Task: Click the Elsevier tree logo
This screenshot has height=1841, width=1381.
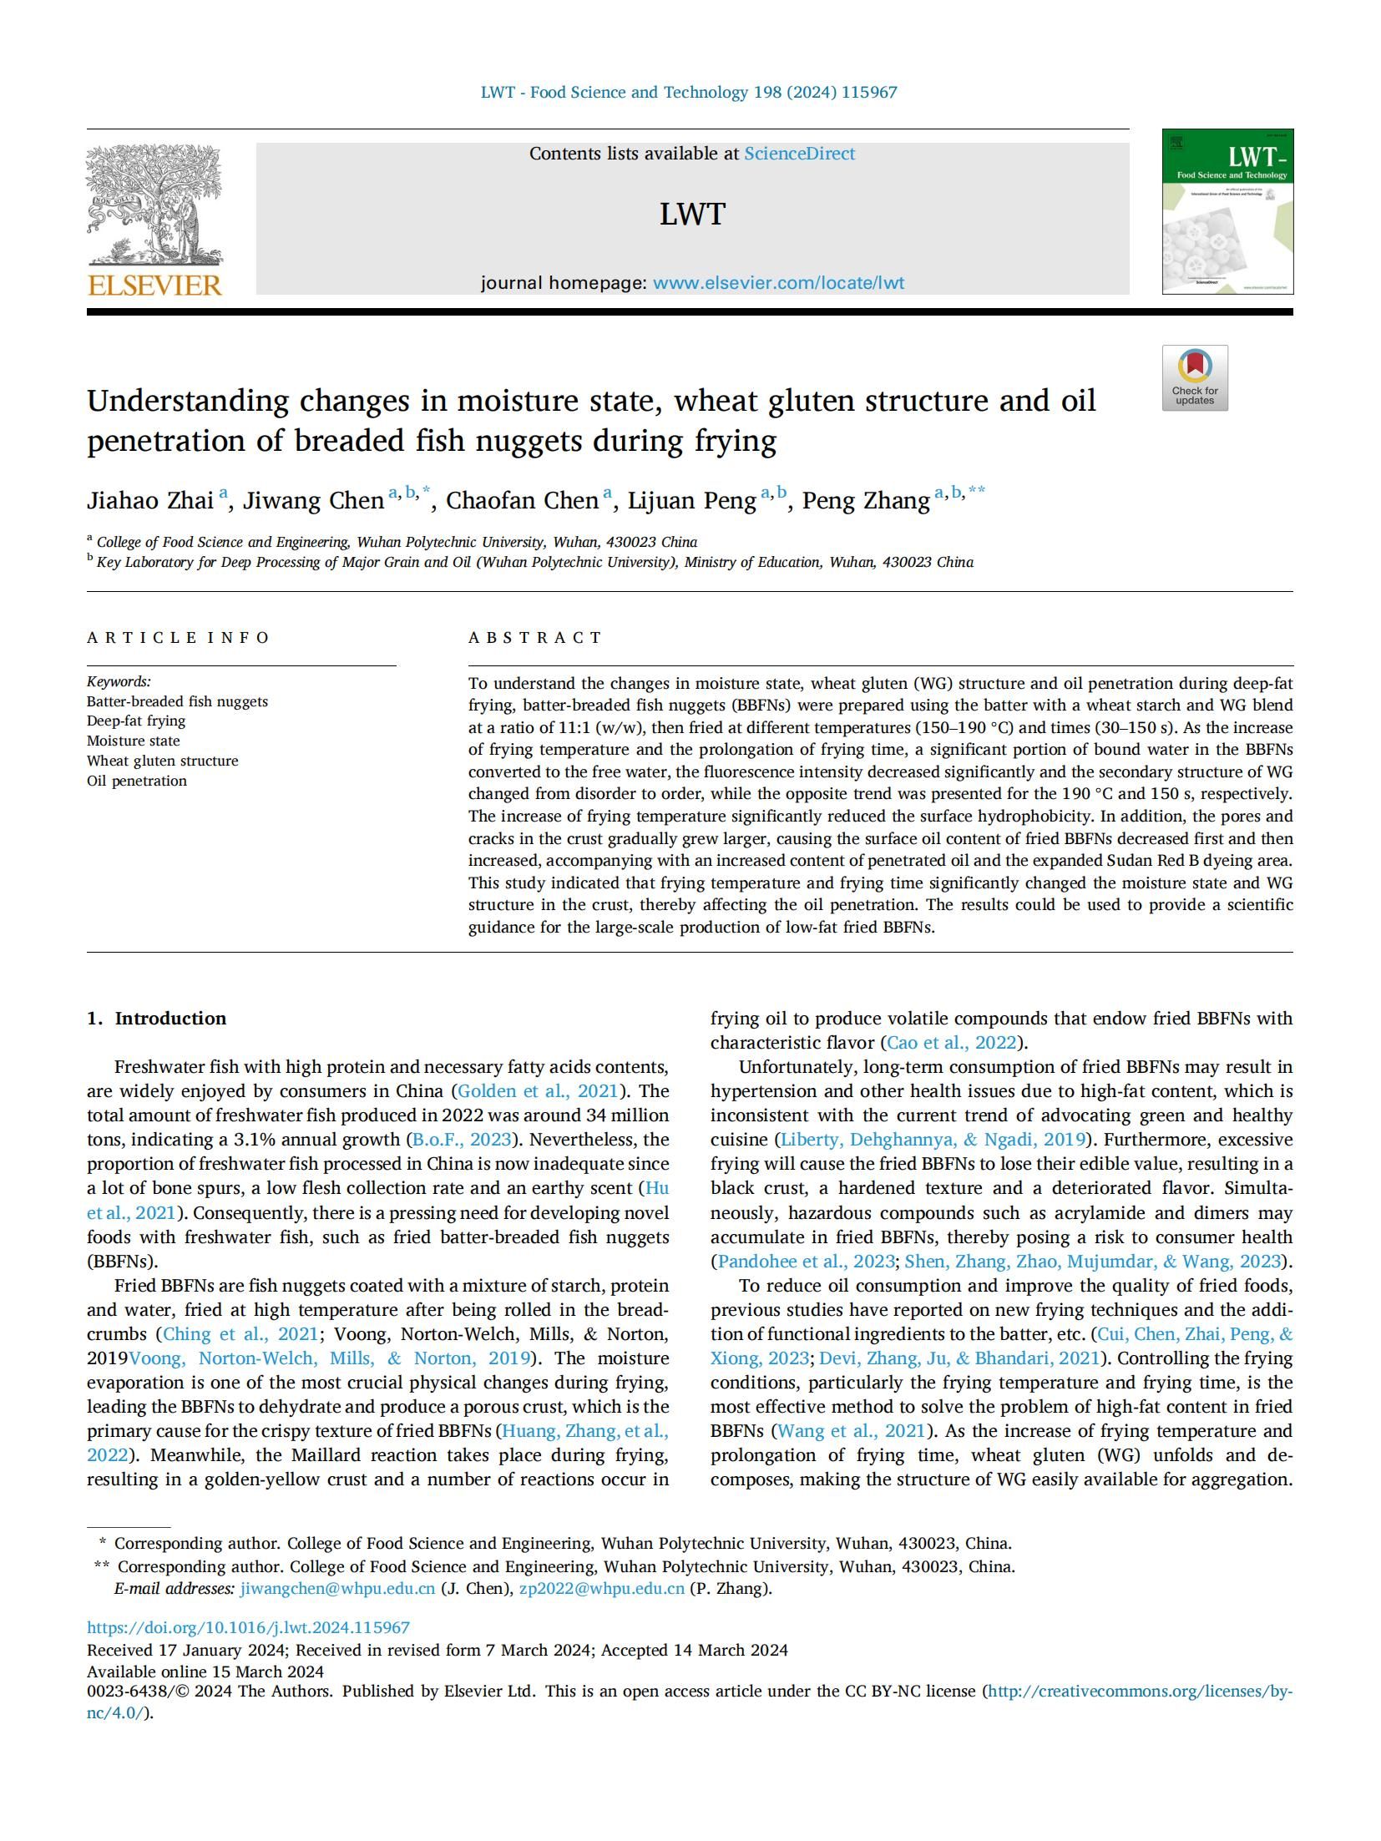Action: pos(154,205)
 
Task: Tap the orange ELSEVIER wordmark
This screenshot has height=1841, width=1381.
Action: pos(154,286)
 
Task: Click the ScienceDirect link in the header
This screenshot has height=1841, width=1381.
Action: pos(799,154)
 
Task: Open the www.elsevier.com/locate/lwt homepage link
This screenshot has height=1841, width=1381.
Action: pos(778,283)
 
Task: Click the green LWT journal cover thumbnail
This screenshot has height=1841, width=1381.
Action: pos(1227,211)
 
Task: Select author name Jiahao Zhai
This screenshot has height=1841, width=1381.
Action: pos(150,500)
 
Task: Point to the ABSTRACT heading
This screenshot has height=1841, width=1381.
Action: pos(535,638)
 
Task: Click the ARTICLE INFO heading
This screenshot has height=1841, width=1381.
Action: pos(178,638)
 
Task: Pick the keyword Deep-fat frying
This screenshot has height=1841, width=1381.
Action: pos(136,721)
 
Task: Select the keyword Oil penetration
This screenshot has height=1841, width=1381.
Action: pos(137,781)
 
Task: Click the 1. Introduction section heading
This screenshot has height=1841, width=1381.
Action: pos(156,1019)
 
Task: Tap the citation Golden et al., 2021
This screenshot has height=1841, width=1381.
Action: pos(538,1091)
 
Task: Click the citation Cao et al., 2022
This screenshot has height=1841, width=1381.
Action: pos(952,1043)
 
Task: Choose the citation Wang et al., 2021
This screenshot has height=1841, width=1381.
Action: pos(851,1431)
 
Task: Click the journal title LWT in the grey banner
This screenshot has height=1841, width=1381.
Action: pos(692,215)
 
